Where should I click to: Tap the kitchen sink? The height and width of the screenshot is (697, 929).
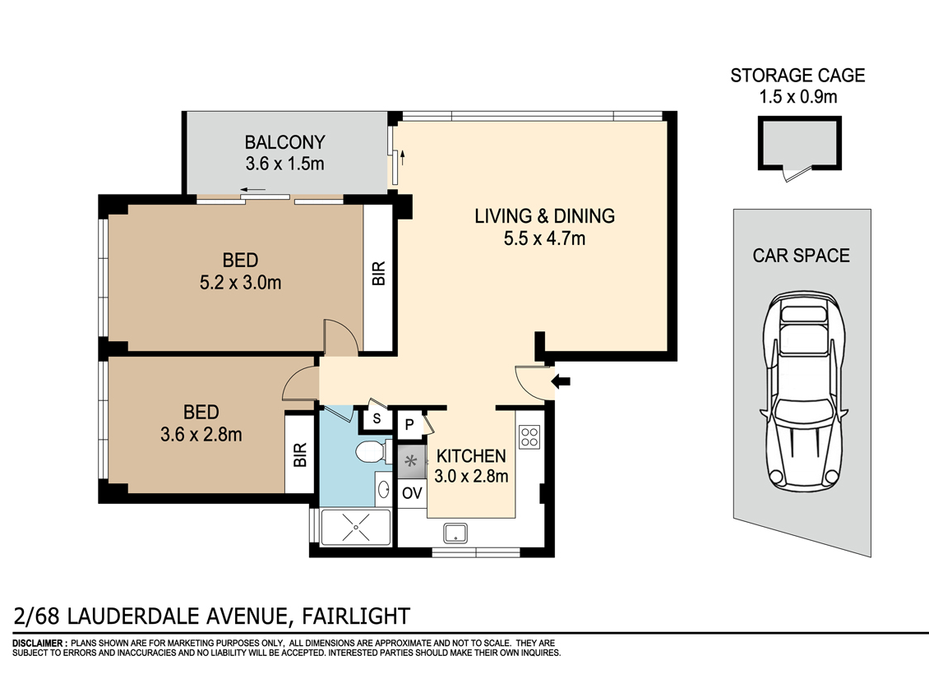pyautogui.click(x=455, y=533)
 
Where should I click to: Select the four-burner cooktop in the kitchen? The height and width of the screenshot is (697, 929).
pyautogui.click(x=529, y=437)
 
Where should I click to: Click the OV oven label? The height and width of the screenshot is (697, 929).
pyautogui.click(x=412, y=493)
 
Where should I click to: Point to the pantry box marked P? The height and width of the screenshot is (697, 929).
pyautogui.click(x=409, y=425)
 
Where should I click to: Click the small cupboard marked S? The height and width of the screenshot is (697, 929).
pyautogui.click(x=377, y=418)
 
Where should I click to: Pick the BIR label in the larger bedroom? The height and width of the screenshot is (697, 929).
pyautogui.click(x=379, y=274)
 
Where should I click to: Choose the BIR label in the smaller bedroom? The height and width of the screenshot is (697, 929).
pyautogui.click(x=300, y=455)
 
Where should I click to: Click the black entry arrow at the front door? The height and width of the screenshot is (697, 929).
pyautogui.click(x=561, y=381)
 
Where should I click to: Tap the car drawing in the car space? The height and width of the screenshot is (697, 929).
pyautogui.click(x=804, y=390)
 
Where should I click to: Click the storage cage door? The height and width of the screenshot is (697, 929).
pyautogui.click(x=797, y=174)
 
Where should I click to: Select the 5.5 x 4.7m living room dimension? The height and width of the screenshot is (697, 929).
pyautogui.click(x=544, y=238)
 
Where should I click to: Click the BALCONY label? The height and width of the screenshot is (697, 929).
pyautogui.click(x=285, y=142)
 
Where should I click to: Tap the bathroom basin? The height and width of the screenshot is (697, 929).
pyautogui.click(x=383, y=490)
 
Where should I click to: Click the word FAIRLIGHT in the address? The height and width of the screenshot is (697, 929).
pyautogui.click(x=356, y=616)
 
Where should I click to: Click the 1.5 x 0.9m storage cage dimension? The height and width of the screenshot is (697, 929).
pyautogui.click(x=798, y=96)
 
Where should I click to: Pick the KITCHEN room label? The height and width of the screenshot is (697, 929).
pyautogui.click(x=471, y=456)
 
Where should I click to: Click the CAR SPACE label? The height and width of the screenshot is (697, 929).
pyautogui.click(x=801, y=256)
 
